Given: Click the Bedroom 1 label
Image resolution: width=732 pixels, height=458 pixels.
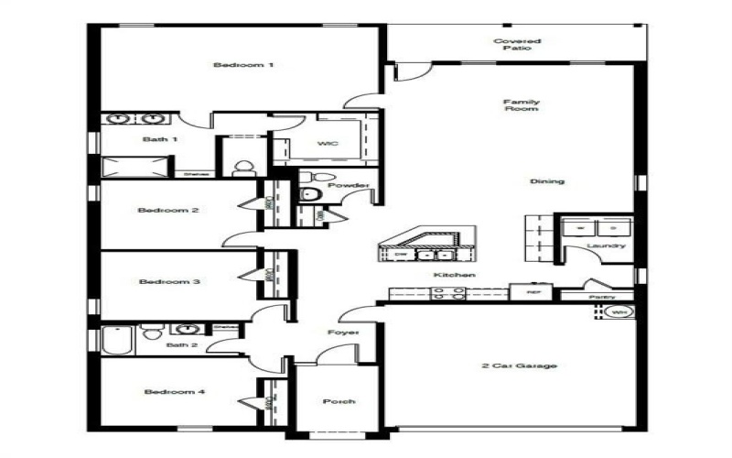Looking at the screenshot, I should pos(231,65).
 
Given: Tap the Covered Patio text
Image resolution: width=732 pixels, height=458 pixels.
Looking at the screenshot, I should pos(517,44).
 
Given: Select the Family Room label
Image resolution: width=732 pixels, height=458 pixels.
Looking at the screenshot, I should pos(522,104).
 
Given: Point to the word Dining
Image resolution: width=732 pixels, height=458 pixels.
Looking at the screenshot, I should pos(547,181).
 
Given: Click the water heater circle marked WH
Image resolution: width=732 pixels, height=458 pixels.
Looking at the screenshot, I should pos(620,312).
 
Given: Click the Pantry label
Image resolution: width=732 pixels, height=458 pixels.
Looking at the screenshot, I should pos(601,297).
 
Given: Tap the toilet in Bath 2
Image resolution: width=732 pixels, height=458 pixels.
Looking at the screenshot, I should pos(152,332).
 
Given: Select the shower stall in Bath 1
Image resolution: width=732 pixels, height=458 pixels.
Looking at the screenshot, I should pos(135,167).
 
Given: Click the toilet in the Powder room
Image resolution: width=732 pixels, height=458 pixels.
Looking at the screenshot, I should pos(307,176).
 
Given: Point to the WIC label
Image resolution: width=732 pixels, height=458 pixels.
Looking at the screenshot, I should pos(328,144).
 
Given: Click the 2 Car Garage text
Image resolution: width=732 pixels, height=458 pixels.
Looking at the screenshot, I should pos(519,365).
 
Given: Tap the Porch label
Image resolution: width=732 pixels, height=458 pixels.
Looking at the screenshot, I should pos(339,401).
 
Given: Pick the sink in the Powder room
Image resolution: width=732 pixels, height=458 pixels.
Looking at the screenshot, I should pos(307,194).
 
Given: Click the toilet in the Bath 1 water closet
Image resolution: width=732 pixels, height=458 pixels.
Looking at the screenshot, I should pos(243,168).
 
